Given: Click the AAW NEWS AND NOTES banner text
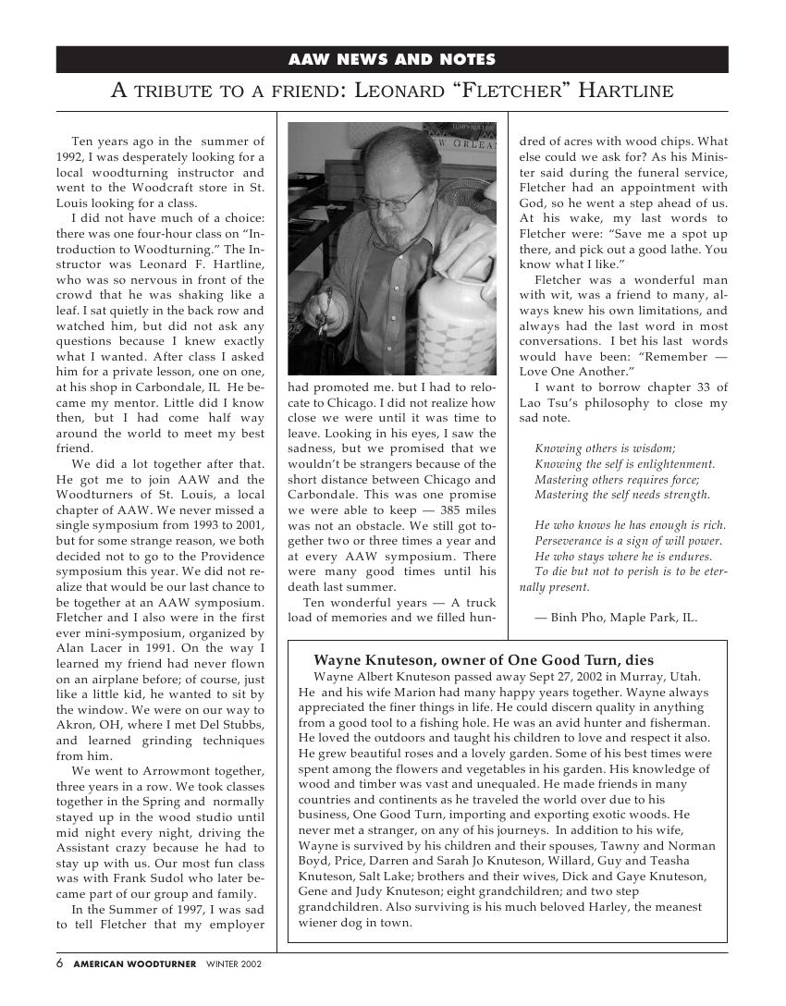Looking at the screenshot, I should [x=392, y=60].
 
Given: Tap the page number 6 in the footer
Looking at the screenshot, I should [x=60, y=963].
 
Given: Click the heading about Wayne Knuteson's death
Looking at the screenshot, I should [x=484, y=660].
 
